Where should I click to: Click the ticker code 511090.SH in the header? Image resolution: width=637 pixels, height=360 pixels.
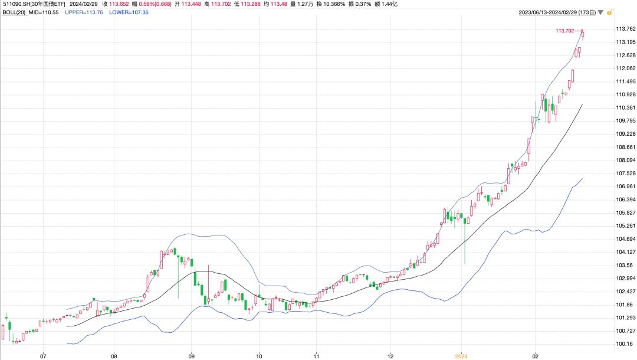16,4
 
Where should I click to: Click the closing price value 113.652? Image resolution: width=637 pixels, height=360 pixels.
119,4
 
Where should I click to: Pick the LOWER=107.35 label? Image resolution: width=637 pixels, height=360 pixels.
129,12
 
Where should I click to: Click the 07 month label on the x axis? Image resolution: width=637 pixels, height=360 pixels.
42,356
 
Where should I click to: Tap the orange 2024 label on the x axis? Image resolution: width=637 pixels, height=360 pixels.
461,356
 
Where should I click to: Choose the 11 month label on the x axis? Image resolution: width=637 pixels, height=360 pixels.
316,356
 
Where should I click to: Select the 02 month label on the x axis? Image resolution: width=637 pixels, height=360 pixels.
534,356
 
